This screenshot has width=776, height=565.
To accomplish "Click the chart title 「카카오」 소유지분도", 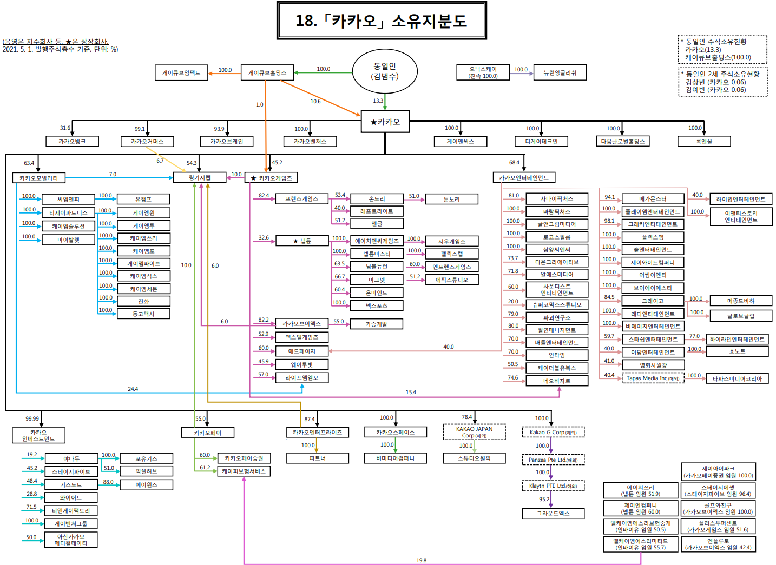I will click(382, 21).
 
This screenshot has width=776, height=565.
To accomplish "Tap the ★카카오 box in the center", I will click(385, 122).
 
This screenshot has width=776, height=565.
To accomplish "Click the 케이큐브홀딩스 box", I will click(267, 72).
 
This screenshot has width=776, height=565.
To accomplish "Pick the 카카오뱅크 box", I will click(72, 141).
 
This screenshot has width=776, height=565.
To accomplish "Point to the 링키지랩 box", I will click(199, 177).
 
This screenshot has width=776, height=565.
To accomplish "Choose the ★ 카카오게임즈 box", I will click(271, 178).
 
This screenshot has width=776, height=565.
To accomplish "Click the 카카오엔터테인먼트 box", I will click(523, 177).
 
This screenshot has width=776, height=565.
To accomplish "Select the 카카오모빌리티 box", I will click(38, 178).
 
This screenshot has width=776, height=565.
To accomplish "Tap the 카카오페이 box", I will click(208, 433).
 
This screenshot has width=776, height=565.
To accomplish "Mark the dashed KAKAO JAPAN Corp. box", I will click(474, 432).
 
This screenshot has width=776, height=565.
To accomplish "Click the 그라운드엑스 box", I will click(553, 513).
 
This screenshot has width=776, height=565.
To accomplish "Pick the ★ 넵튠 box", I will click(301, 241).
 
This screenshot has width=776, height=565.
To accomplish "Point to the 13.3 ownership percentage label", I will click(378, 101).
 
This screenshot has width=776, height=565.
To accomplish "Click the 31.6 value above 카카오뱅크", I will click(65, 128).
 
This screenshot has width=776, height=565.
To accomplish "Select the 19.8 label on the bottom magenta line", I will click(421, 560).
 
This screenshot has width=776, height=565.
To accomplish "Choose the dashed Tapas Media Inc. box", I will click(653, 378).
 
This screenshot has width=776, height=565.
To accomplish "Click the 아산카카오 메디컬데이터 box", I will click(71, 540).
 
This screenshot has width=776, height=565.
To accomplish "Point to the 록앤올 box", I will click(703, 141).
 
